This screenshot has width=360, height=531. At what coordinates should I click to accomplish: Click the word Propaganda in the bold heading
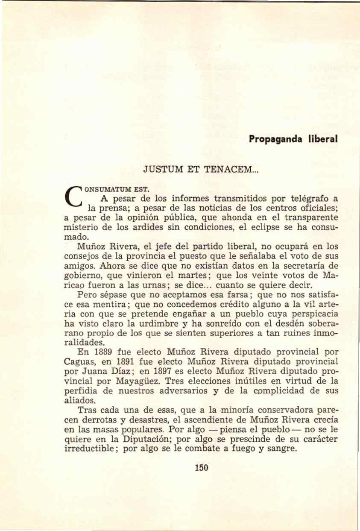[x=273, y=139]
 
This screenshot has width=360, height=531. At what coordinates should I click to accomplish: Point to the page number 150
[x=201, y=467]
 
